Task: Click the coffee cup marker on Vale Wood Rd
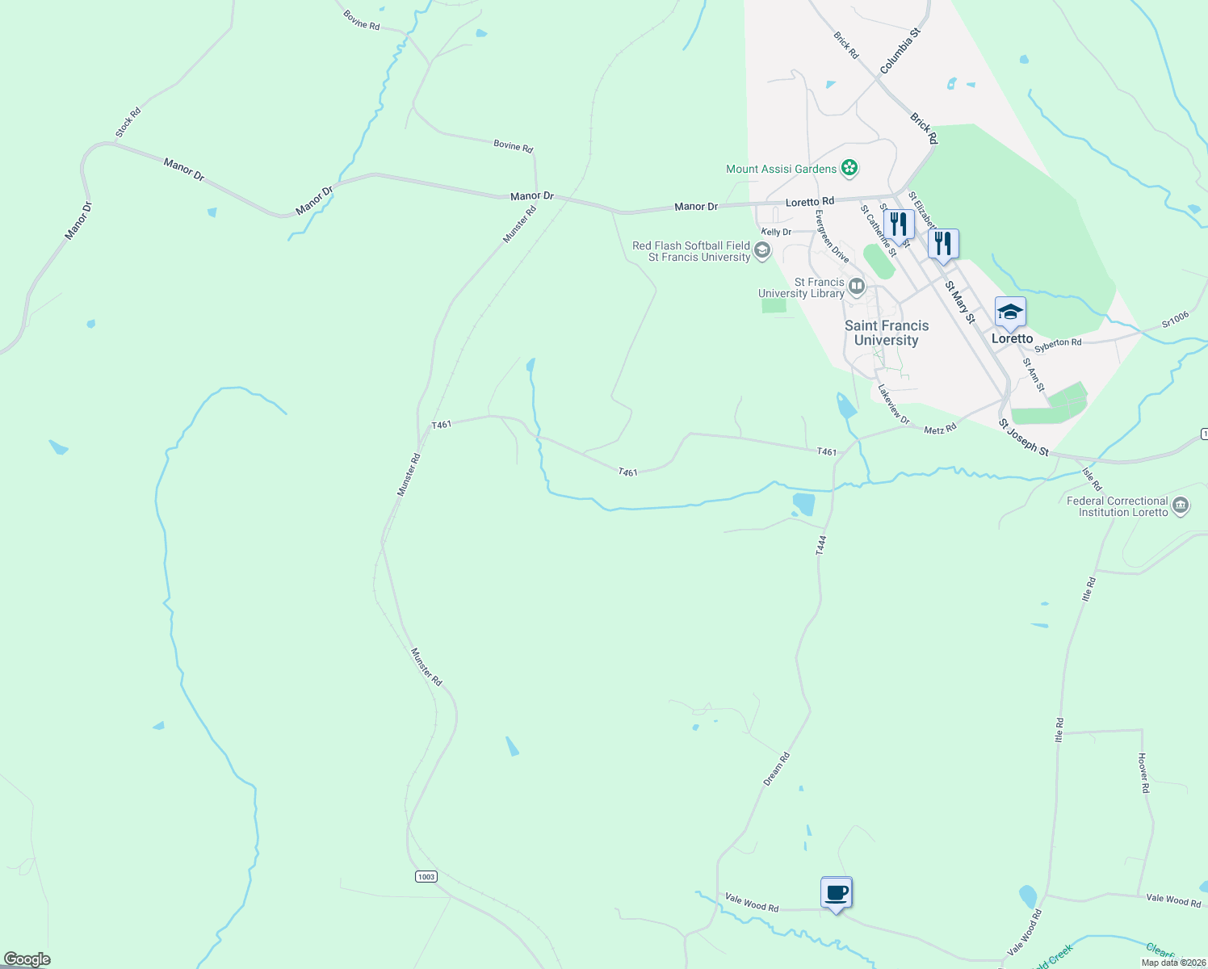click(837, 893)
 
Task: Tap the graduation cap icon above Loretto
click(1010, 312)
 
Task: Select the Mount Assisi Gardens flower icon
click(849, 168)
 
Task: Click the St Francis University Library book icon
click(857, 286)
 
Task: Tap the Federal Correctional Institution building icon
click(1180, 506)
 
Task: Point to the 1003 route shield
click(426, 876)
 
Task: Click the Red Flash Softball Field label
click(691, 245)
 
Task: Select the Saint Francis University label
click(887, 333)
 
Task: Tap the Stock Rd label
click(128, 122)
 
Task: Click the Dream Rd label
click(776, 769)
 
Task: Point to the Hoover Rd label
click(1143, 773)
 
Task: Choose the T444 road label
click(821, 545)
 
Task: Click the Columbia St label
click(900, 52)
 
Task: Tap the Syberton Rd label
click(1058, 343)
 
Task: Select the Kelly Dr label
click(776, 232)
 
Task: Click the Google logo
click(27, 959)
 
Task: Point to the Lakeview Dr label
click(894, 404)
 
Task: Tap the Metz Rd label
click(940, 429)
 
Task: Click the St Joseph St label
click(1023, 438)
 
